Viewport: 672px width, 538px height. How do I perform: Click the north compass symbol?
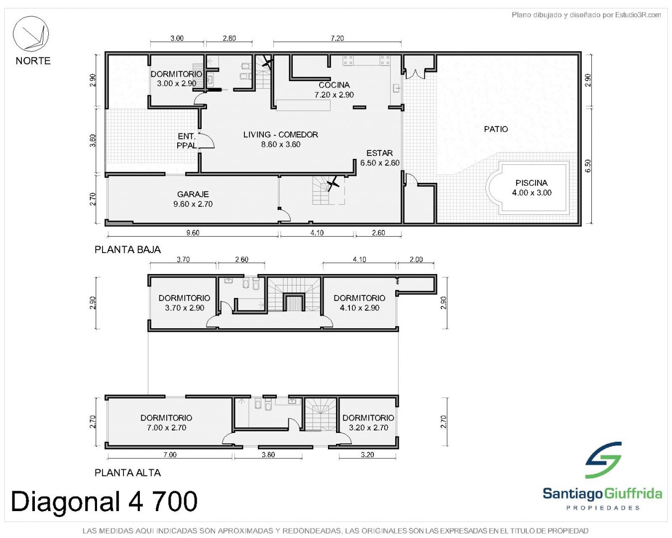[30, 34]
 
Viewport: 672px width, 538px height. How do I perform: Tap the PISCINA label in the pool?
[532, 183]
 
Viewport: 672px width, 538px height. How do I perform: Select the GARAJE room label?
[193, 194]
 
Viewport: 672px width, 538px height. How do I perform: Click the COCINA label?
[334, 85]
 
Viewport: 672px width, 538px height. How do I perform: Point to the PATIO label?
[496, 129]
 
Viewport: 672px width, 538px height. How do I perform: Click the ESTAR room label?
[379, 153]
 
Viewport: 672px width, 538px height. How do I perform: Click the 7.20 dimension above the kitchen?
[337, 38]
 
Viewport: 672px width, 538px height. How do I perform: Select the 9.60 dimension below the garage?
[193, 233]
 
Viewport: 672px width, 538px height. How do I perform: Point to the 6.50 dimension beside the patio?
[588, 166]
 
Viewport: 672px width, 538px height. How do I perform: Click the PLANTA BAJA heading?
[128, 250]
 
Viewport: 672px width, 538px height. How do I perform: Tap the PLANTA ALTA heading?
[128, 473]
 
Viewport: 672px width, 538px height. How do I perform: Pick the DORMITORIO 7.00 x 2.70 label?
[166, 422]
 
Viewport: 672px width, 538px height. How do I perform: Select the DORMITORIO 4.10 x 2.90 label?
[359, 303]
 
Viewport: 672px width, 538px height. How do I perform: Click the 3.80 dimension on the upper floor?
[268, 454]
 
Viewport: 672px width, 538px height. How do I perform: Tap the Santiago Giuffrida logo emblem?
[603, 460]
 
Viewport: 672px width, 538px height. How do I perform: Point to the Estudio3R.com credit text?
[586, 14]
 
